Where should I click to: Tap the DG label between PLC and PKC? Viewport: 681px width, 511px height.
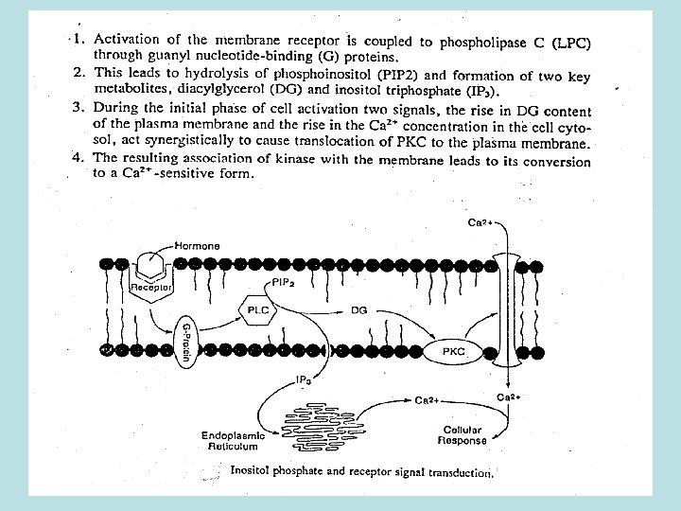click(x=358, y=309)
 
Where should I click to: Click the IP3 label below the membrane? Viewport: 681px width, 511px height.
click(x=304, y=379)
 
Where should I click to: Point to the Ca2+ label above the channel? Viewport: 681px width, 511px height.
click(x=480, y=223)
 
